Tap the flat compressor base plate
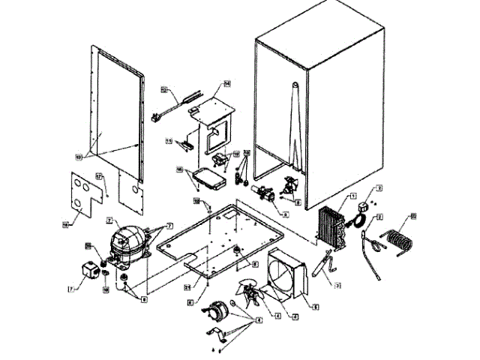click(217, 240)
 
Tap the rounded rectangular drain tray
click(205, 178)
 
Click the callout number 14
click(226, 82)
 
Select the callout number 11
click(169, 141)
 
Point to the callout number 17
click(99, 177)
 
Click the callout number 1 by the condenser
click(352, 196)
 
